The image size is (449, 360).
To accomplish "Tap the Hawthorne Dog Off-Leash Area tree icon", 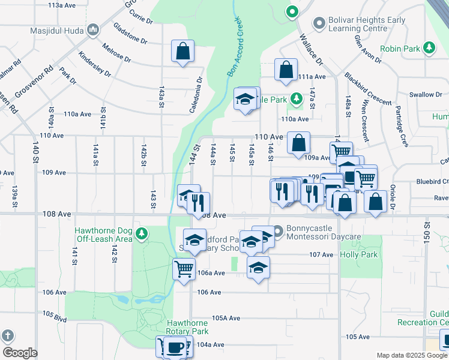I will point(141,233).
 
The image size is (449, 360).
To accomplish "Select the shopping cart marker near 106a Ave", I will point(184,268).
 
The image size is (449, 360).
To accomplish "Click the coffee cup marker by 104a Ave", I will point(175,347).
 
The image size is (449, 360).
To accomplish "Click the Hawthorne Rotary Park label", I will point(187,327).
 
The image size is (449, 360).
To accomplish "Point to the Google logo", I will point(20,353).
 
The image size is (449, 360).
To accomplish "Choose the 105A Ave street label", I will point(226,319).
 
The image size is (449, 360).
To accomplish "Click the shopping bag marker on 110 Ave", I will point(298,143).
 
